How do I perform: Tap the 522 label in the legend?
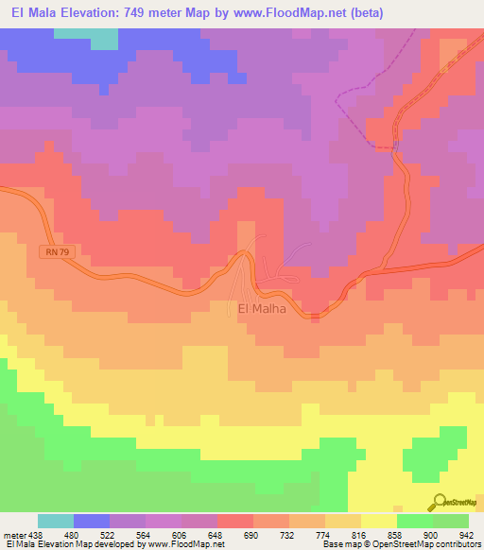[110, 535]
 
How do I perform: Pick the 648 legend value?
[216, 535]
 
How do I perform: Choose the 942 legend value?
[467, 535]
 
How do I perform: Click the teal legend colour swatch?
[56, 521]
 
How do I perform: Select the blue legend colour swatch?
[92, 521]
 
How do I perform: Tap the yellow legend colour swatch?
[378, 521]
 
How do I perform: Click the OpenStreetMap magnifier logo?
[439, 502]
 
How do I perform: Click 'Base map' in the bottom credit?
[339, 545]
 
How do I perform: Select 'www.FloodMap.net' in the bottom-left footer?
[181, 545]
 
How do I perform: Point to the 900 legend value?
[431, 535]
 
